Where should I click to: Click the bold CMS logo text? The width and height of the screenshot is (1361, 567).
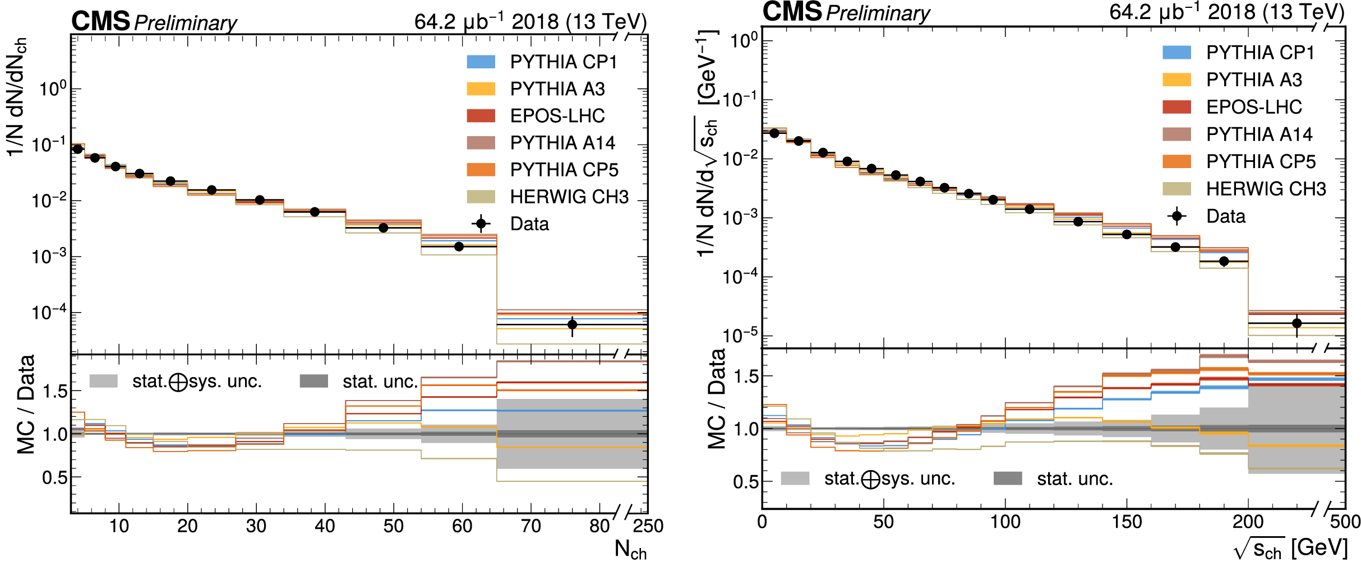tap(100, 22)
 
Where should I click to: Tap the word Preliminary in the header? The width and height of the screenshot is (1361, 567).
tap(186, 24)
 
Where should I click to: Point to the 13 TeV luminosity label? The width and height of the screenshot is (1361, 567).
tap(530, 22)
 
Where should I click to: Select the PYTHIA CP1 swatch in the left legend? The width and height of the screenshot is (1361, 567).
tap(481, 62)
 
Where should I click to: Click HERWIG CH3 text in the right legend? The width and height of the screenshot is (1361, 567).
tap(1266, 189)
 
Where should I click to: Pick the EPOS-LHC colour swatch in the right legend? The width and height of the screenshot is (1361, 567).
tap(1177, 107)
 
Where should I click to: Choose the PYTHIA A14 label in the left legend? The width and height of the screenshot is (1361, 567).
tap(562, 143)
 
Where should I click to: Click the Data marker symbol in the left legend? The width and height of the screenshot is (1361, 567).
tap(481, 224)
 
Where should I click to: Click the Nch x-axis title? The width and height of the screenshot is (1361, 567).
tap(630, 550)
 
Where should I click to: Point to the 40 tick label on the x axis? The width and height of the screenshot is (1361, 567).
tap(325, 526)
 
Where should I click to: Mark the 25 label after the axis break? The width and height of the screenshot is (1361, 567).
tap(643, 526)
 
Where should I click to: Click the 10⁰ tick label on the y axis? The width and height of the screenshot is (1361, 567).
tap(52, 89)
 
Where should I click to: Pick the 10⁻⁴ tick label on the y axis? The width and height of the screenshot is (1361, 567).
tap(49, 312)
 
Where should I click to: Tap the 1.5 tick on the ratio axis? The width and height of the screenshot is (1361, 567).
tap(54, 391)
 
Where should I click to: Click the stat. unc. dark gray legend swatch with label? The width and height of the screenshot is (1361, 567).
tap(359, 382)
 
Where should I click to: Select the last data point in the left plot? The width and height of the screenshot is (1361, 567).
tap(572, 324)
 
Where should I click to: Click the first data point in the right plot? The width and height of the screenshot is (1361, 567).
tap(774, 133)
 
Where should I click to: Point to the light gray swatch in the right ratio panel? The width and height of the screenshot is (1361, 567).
tap(795, 478)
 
